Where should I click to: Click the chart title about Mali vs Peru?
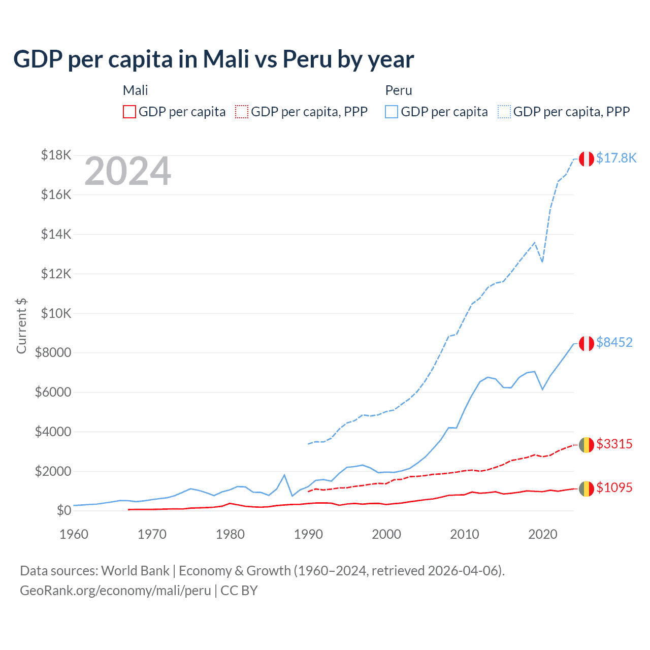tap(213, 59)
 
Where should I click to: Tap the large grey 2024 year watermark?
tap(127, 172)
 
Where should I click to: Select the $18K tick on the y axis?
tap(56, 155)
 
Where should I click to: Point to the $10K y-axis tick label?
tap(56, 313)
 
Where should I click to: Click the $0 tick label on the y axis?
tap(63, 510)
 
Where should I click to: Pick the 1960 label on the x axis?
tap(74, 534)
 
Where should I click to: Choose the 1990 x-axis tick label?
tap(308, 534)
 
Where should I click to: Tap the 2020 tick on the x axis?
tap(542, 534)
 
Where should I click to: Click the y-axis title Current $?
tap(21, 326)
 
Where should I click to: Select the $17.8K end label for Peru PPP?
tap(616, 158)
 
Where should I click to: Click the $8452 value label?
tap(614, 343)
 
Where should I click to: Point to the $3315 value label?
tap(614, 444)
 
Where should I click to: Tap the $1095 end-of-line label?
tap(614, 488)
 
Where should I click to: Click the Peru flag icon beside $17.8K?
tap(587, 159)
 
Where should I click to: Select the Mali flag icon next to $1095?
tap(587, 489)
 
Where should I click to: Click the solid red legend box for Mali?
tap(129, 112)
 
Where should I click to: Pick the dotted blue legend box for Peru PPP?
tap(504, 112)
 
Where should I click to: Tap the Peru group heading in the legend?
tap(399, 90)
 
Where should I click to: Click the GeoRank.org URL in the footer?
tap(115, 591)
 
